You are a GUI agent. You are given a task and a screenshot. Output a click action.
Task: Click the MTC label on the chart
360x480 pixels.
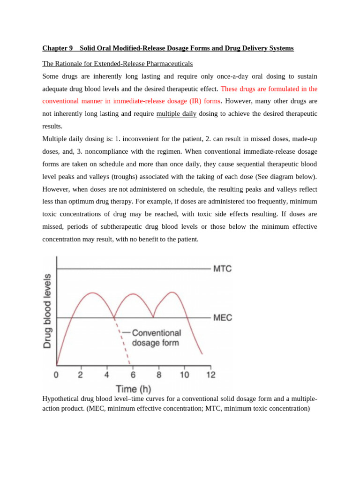point(222,269)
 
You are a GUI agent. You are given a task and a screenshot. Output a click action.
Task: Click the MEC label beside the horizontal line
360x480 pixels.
point(223,318)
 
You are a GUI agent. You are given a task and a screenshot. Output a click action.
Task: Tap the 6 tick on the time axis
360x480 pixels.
point(133,375)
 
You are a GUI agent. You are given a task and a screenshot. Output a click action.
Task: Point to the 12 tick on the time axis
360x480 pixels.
point(211,375)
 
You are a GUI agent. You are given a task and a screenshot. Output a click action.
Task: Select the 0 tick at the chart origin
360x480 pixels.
point(56,375)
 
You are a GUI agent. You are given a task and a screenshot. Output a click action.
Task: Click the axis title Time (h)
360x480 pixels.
point(134,389)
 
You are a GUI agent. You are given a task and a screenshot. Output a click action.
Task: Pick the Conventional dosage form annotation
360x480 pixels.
point(156,337)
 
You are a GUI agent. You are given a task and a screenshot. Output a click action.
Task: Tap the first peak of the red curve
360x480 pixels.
point(92,293)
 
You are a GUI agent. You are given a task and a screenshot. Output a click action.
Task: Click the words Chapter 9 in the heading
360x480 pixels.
point(58,48)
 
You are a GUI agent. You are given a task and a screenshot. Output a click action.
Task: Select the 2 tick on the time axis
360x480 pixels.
point(81,375)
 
